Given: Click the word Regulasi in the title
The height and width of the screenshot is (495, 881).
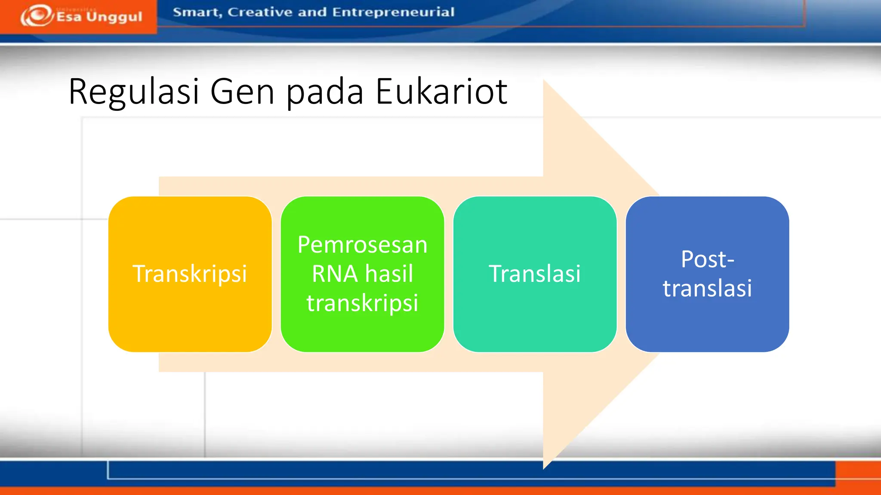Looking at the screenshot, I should click(x=134, y=92).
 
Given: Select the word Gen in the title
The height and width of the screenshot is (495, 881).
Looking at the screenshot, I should click(x=242, y=92).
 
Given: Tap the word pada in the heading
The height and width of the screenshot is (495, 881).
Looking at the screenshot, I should click(x=325, y=92).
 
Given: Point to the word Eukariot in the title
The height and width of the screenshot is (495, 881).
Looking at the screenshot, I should click(x=441, y=92).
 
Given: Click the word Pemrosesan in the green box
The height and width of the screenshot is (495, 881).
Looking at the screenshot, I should click(x=362, y=245).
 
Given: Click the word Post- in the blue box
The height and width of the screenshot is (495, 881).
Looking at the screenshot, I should click(x=707, y=259).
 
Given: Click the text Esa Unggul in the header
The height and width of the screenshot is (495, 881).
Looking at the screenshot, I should click(x=99, y=17).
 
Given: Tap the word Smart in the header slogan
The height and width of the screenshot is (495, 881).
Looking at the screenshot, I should click(x=197, y=12).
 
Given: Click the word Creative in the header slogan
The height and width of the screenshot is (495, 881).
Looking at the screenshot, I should click(x=259, y=12).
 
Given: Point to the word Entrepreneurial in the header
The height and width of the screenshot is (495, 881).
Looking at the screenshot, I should click(x=393, y=12).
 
